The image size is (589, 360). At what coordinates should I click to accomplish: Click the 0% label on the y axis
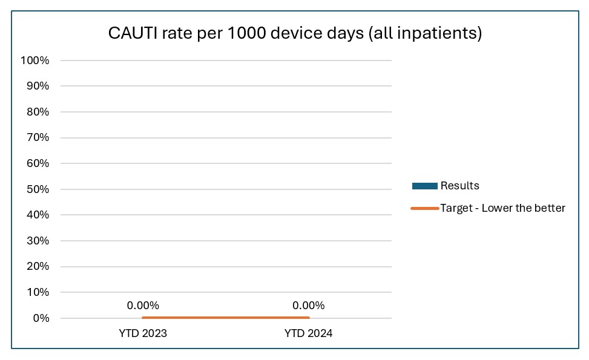click(41, 318)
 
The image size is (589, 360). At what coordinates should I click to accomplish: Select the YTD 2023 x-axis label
click(143, 333)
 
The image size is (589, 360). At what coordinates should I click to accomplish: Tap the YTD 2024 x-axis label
click(308, 333)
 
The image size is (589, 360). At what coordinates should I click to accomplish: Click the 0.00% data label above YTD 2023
click(143, 306)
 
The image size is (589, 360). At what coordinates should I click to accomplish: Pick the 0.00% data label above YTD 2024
click(308, 306)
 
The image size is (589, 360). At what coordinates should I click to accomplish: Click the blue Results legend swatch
click(424, 186)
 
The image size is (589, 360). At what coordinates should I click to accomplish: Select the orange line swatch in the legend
click(424, 208)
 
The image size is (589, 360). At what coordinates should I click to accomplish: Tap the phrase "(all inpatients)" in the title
click(424, 33)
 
